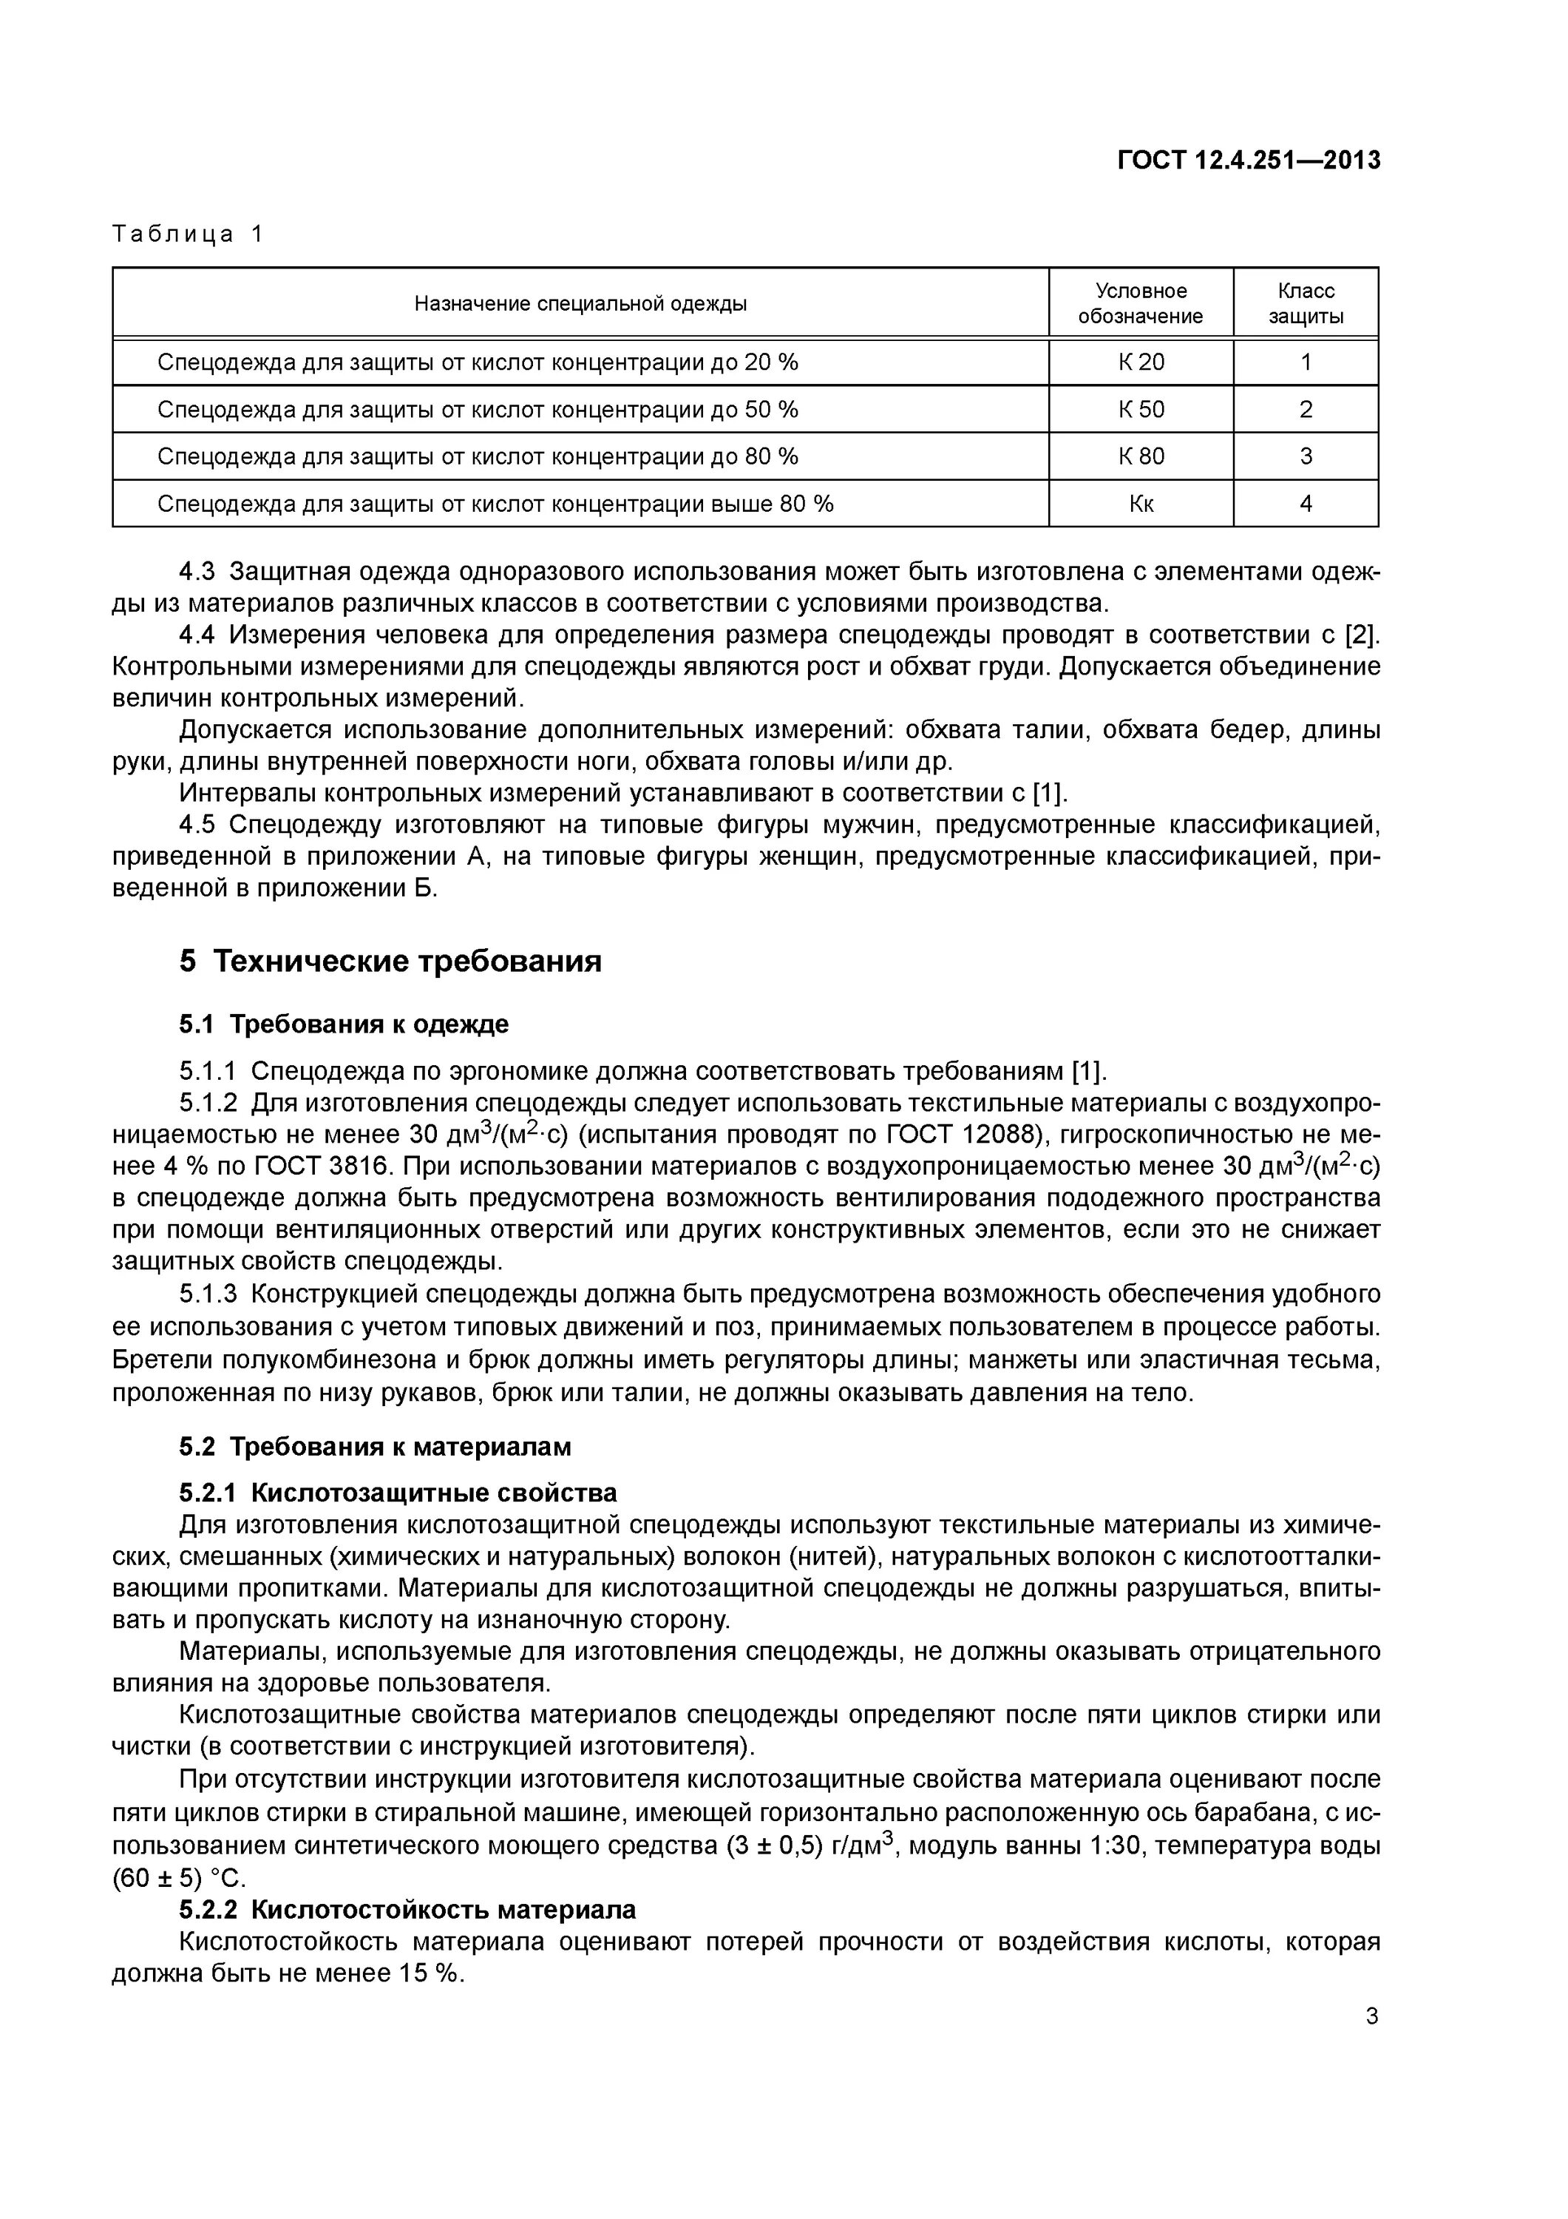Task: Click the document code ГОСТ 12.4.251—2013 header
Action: [1248, 161]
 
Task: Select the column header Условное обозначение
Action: [1140, 303]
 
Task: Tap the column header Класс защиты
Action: [1306, 303]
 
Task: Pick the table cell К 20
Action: [1141, 362]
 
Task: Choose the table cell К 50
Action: [1141, 410]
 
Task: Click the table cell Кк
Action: [1141, 504]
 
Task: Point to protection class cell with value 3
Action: [1306, 456]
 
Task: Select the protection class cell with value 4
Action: [1306, 504]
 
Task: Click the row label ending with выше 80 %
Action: [495, 504]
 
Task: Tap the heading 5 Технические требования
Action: [390, 962]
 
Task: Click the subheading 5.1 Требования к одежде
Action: [343, 1024]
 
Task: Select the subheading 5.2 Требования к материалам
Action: [375, 1447]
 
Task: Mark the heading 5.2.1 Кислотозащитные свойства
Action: [397, 1493]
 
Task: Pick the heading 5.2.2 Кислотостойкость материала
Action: [407, 1910]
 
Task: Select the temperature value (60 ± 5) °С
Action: [180, 1878]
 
